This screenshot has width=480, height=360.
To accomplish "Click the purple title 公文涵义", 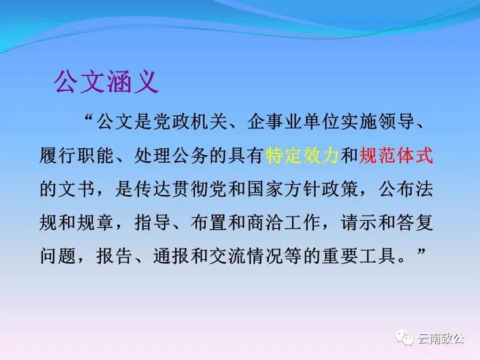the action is coord(106,81).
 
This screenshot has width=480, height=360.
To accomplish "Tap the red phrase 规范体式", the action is coord(396,156).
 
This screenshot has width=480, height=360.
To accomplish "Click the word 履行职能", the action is coord(77,156).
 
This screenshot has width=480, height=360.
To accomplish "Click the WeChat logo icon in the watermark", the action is coord(404,338).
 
